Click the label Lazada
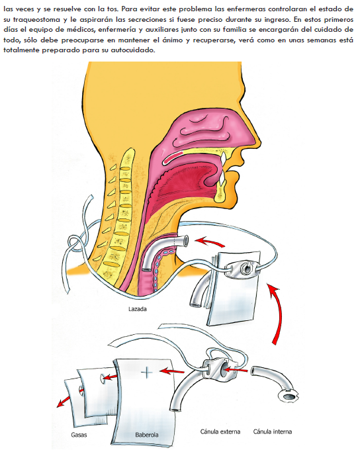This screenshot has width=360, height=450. [x=137, y=309]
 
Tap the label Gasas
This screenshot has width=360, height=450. [x=79, y=435]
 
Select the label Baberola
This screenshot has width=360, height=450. [x=147, y=435]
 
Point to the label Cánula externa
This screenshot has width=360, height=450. [x=220, y=431]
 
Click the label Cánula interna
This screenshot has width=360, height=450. [x=273, y=431]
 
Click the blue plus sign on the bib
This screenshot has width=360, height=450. [x=147, y=373]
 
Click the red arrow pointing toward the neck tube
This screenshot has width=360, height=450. [x=209, y=242]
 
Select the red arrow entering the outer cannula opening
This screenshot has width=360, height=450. [x=236, y=370]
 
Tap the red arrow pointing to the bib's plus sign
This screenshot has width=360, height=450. [x=171, y=371]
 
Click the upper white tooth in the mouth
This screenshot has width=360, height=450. [x=222, y=157]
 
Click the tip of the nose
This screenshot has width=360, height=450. [x=260, y=140]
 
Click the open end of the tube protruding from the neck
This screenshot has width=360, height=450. [x=186, y=240]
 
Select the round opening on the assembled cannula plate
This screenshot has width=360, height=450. [x=246, y=267]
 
